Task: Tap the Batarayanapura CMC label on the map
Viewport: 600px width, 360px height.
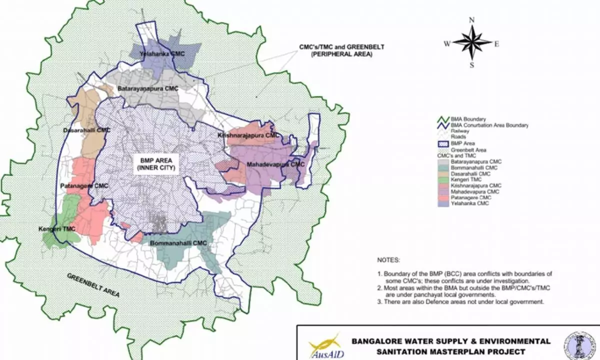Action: (148, 88)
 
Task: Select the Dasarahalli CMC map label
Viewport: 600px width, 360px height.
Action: (86, 130)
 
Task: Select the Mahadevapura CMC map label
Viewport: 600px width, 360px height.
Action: (275, 164)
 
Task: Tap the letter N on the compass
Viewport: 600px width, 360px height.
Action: (471, 20)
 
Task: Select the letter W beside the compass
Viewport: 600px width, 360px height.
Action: (446, 43)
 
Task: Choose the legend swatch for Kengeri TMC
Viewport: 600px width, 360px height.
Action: (439, 179)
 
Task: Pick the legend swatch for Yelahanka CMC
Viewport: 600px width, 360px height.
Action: (439, 203)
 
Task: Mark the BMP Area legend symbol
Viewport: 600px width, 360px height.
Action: (439, 143)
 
